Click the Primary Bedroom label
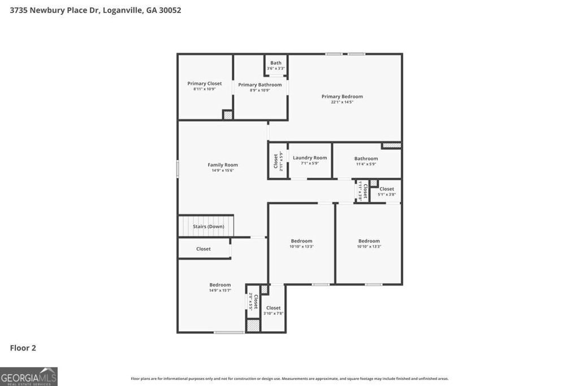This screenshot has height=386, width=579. click(342, 97)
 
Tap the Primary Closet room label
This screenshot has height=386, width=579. click(205, 84)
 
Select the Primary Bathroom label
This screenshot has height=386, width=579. click(260, 85)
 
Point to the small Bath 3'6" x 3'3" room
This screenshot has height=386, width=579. click(276, 65)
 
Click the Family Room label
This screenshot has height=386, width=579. click(223, 165)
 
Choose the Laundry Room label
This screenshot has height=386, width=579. click(310, 158)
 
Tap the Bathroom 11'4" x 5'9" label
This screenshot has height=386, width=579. click(366, 159)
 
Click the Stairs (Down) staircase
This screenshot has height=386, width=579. click(207, 226)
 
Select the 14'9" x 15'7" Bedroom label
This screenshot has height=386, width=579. click(220, 285)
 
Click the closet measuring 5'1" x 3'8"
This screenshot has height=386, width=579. click(387, 191)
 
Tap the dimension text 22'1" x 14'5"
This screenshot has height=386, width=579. click(342, 102)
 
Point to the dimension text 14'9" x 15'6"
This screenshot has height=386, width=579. click(223, 170)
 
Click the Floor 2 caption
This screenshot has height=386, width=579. click(23, 348)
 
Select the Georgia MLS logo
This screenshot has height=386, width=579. click(29, 376)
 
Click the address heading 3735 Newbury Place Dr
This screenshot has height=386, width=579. click(96, 10)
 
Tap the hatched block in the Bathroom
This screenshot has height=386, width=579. click(391, 145)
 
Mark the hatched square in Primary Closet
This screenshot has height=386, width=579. click(227, 115)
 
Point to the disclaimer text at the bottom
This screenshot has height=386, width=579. click(289, 379)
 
